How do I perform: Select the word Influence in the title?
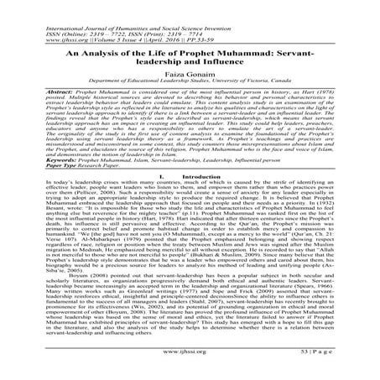[x=223, y=63]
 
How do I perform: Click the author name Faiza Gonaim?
[x=190, y=77]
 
